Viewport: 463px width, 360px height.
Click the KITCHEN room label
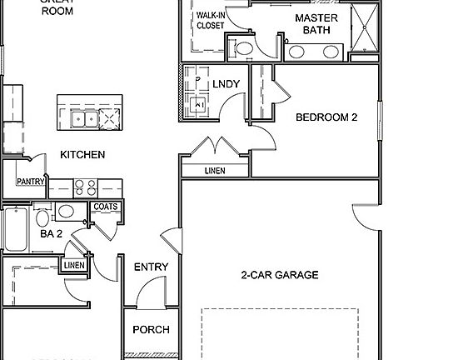(82, 155)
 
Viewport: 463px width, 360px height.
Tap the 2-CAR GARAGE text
(279, 275)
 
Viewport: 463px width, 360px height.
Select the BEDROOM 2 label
(326, 117)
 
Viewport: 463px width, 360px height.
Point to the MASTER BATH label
(316, 24)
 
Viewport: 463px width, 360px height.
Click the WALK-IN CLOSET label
(210, 21)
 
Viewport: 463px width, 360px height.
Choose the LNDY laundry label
(226, 84)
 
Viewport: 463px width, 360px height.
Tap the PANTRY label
(30, 182)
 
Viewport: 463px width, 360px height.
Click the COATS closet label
(105, 207)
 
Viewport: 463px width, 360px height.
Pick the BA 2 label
(52, 234)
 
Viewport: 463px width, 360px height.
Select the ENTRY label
(151, 267)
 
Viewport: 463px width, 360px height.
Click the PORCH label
(151, 329)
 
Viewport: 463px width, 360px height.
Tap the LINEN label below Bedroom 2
(214, 171)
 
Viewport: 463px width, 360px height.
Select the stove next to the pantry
(85, 187)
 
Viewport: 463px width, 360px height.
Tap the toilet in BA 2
(42, 218)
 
